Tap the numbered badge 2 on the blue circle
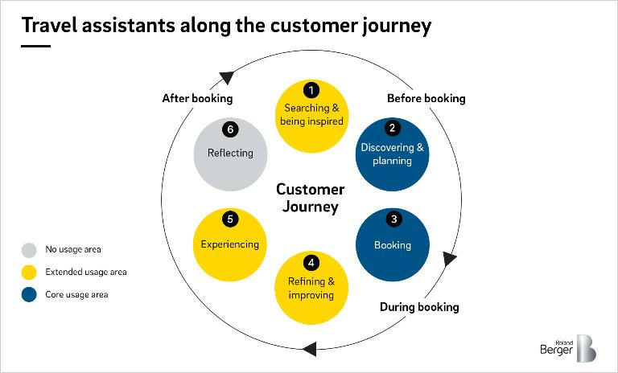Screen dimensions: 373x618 393,128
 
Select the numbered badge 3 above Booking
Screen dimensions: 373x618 393,219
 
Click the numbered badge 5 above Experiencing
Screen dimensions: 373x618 230,219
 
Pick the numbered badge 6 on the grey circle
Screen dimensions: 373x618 230,128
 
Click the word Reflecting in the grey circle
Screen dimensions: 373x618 230,153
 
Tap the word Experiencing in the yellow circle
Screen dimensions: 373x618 230,244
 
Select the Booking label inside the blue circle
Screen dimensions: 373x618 393,245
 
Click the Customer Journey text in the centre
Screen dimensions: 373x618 310,199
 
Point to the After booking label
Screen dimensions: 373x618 197,99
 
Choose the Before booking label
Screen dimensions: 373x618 426,99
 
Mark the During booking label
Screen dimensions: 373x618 419,307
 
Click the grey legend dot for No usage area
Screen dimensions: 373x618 30,250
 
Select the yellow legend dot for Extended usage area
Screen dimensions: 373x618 30,273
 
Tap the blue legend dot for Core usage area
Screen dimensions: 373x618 30,295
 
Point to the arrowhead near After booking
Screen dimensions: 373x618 227,77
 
